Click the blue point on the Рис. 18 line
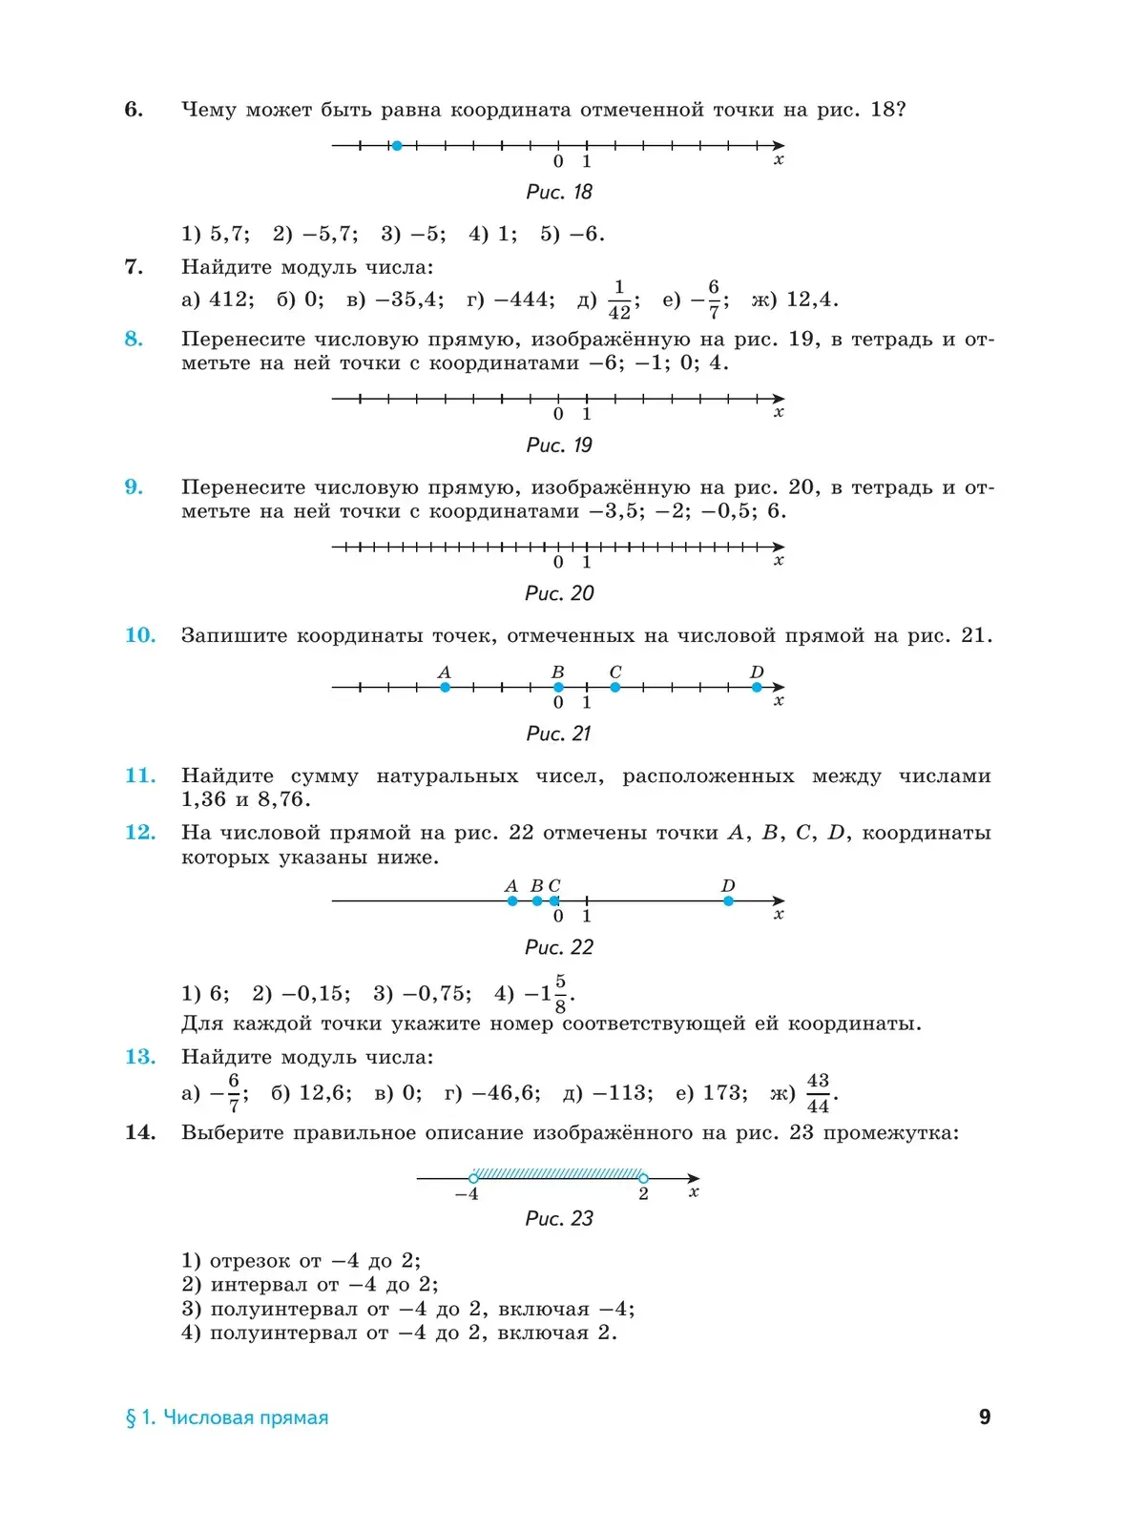pos(397,146)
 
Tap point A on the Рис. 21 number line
pos(445,687)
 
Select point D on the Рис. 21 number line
pos(757,687)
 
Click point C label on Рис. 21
pos(615,672)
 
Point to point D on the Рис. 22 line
pos(728,900)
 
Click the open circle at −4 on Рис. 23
pos(473,1178)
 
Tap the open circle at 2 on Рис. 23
pos(643,1178)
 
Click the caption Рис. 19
pos(559,445)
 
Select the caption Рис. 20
pos(559,593)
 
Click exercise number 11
pos(140,775)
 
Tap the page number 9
pos(985,1416)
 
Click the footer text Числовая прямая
pos(245,1417)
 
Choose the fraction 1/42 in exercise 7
pos(619,300)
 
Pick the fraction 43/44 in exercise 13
pos(818,1093)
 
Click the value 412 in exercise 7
pos(229,300)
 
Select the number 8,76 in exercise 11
pos(283,799)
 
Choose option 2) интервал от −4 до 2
pos(310,1285)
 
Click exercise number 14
pos(140,1132)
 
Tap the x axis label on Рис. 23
pos(694,1191)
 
